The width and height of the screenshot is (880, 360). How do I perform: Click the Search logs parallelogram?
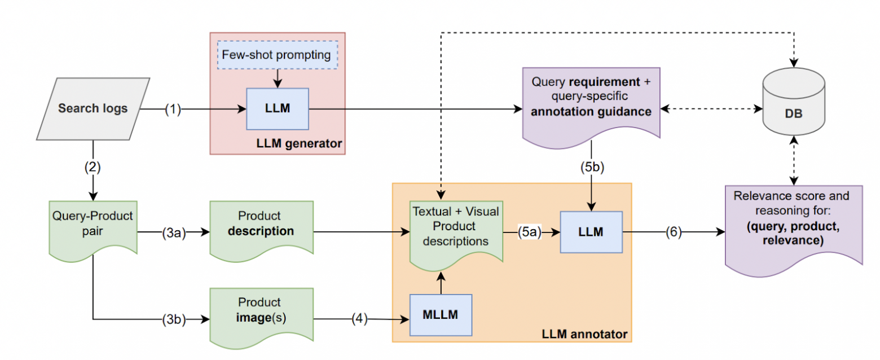coord(93,108)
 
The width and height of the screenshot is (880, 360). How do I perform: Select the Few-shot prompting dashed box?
coord(276,55)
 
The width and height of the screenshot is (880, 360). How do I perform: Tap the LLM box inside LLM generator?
coord(276,108)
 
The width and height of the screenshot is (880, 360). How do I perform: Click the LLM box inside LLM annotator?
coord(591,231)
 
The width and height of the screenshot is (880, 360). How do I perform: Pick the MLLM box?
coord(441,314)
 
